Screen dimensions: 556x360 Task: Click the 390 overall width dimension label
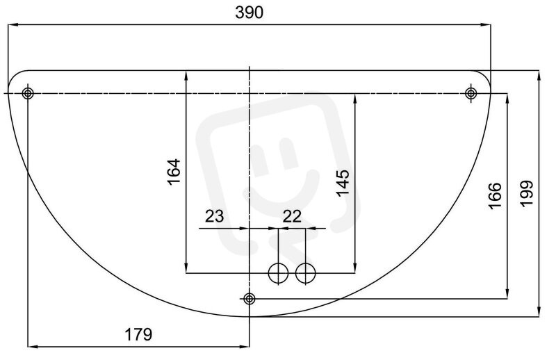pos(250,13)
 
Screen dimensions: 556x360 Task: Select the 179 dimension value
pos(138,334)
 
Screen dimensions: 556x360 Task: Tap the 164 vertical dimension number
pos(174,172)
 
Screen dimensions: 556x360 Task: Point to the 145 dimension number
pos(343,183)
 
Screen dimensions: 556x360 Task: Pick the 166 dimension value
pos(495,196)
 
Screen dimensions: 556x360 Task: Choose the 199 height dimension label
pos(527,193)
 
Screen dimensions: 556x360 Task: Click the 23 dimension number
pos(215,216)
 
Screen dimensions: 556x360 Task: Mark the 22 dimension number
pos(292,216)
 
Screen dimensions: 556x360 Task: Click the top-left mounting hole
pos(28,94)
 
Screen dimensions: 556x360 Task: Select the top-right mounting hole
pos(471,94)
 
